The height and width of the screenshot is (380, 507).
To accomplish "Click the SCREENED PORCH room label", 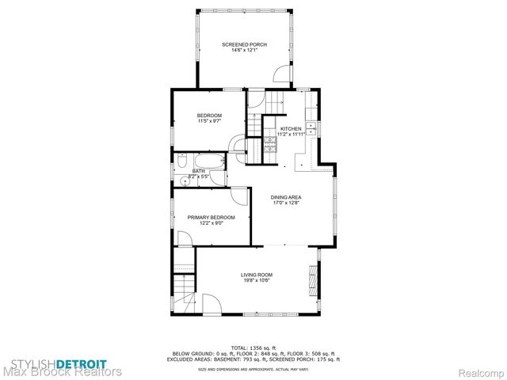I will point(243,44).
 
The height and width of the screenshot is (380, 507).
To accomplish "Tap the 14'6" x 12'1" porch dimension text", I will point(243,51).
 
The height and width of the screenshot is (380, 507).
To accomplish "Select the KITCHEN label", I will point(291,128).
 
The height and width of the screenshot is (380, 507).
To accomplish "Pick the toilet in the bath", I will point(181,162).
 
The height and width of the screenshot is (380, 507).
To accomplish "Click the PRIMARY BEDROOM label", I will point(211,217).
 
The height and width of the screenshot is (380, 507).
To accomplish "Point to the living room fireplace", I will point(314,276).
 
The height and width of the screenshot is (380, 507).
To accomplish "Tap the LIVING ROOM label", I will point(257,274).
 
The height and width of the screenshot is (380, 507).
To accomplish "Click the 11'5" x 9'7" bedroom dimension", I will point(208,121).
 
